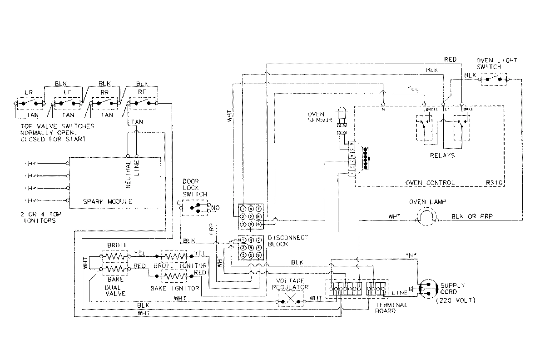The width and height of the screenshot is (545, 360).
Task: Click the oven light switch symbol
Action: click(x=493, y=79)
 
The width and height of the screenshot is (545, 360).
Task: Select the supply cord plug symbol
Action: click(x=426, y=288)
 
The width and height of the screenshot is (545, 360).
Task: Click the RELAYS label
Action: click(x=442, y=155)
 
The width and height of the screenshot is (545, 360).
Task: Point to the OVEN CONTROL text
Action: click(x=430, y=183)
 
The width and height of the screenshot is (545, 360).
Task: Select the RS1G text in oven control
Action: click(x=495, y=183)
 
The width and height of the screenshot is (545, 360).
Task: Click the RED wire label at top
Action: click(x=450, y=60)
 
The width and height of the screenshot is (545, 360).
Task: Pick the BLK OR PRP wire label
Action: click(x=473, y=216)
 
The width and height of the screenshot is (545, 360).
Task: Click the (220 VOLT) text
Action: click(x=455, y=301)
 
